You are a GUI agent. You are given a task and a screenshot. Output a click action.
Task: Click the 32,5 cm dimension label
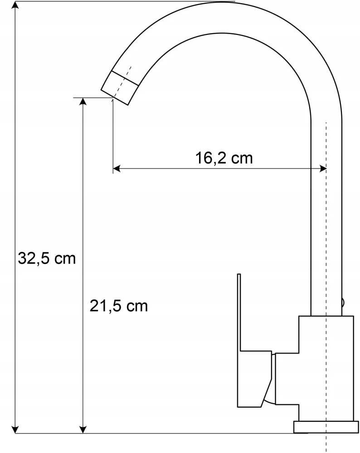[47, 258]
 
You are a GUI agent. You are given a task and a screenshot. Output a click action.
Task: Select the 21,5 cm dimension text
[118, 306]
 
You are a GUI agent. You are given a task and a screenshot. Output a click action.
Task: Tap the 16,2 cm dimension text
[224, 158]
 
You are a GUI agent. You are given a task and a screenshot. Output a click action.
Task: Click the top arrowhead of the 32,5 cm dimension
[15, 6]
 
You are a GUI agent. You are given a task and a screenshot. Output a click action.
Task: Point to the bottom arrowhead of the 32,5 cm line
[15, 429]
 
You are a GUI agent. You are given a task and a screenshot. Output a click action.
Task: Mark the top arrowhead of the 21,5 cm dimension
[83, 102]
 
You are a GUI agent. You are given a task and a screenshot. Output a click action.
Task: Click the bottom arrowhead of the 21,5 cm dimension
[83, 429]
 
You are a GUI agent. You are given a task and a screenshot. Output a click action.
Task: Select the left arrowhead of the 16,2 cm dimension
[117, 169]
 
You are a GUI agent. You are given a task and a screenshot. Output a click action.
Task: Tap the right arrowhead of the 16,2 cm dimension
[322, 169]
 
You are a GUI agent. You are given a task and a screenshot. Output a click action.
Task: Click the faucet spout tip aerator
[120, 87]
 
